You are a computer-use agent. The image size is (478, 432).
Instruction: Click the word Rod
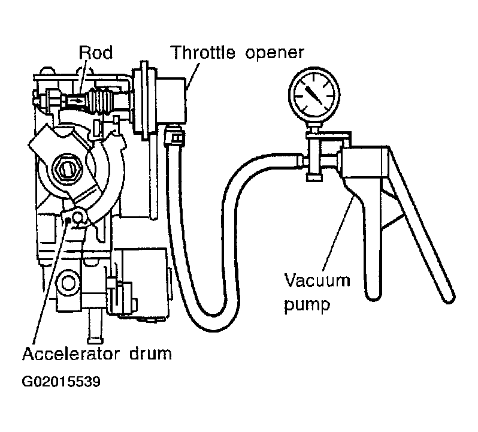click(96, 52)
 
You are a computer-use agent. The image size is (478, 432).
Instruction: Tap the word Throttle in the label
click(202, 52)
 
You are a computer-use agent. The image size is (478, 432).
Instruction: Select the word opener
click(275, 54)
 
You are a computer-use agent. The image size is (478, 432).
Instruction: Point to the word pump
click(307, 305)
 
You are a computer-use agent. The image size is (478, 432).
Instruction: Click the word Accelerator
click(71, 354)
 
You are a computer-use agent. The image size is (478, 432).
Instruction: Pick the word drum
click(150, 354)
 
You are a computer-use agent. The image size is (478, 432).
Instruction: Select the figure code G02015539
click(61, 381)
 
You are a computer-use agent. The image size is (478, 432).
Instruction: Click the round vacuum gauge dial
click(314, 94)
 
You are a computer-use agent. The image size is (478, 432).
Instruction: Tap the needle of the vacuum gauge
click(314, 95)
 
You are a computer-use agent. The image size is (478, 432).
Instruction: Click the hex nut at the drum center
click(66, 168)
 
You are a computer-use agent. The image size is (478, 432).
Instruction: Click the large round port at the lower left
click(68, 283)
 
